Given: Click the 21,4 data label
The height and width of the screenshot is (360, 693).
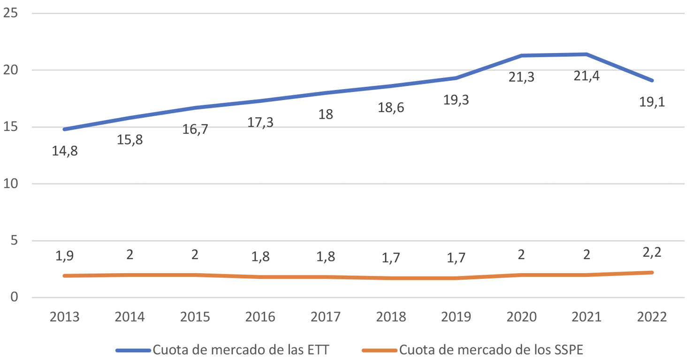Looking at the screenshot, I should point(586,75).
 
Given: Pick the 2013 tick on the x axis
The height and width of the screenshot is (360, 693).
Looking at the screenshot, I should point(65,317).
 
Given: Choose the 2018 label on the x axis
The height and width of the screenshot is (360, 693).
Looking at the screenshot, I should point(391,317).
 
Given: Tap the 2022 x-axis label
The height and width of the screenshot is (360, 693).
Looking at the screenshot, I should point(652,317).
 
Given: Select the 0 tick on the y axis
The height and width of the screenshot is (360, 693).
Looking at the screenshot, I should point(14,298).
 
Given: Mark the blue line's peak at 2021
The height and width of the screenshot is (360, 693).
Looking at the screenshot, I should point(586,54).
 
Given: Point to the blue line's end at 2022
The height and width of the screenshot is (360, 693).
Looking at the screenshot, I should point(652,81).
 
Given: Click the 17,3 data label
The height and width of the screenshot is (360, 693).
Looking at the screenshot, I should point(260,123).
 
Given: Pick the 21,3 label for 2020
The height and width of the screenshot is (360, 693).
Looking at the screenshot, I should point(521,77).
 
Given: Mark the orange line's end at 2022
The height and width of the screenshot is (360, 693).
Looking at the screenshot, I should point(652,272).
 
